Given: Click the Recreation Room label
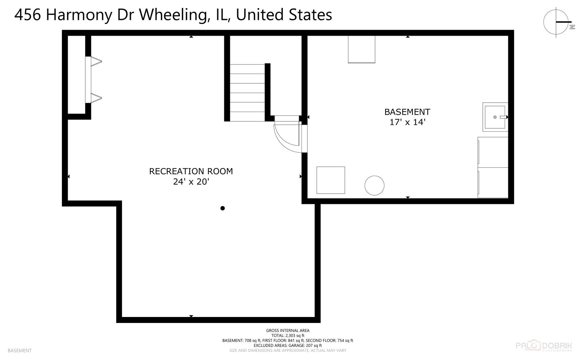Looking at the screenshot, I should coord(191,171).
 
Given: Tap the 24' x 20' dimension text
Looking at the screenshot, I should coord(191,182).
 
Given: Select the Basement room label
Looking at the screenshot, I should coord(407,112).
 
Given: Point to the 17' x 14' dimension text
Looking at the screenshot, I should coord(407,122).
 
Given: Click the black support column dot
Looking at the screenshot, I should coord(223,208).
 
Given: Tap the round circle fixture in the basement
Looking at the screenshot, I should coord(374,185).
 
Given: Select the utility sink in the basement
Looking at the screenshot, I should coord(495,117).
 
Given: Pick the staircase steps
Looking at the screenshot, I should coord(247,93).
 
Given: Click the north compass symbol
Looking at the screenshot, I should coord(556,22).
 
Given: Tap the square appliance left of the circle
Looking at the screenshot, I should coord(330,180).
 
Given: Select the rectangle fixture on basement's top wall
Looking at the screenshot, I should coord(361,49).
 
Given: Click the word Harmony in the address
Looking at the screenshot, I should coord(79,15).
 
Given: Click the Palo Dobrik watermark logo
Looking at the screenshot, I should coord(543,346).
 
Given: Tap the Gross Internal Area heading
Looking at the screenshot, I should coord(288,331).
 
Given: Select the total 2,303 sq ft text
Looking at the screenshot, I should coord(288,336).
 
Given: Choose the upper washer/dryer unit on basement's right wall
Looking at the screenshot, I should coord(493,152).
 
